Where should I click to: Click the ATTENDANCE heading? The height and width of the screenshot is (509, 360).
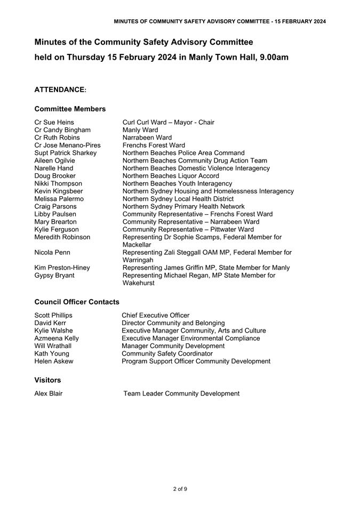[60, 90]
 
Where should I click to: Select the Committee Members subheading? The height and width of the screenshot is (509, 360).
[70, 109]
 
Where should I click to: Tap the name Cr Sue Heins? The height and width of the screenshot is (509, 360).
[53, 122]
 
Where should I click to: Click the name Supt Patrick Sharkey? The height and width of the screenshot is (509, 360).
[65, 153]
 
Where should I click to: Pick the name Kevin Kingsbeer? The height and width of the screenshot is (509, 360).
[59, 191]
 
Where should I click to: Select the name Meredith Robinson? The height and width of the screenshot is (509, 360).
[62, 237]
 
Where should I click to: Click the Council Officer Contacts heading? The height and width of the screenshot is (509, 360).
[77, 302]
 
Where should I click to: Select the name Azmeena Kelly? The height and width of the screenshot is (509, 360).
[57, 338]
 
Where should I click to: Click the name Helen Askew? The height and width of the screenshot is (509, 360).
[54, 361]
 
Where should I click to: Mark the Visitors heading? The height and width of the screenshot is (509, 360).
[47, 380]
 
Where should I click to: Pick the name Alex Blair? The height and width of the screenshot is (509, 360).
[49, 393]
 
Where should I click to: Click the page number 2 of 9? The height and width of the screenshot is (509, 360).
[180, 489]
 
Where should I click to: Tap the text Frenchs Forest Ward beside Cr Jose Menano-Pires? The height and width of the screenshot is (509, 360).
[154, 145]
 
